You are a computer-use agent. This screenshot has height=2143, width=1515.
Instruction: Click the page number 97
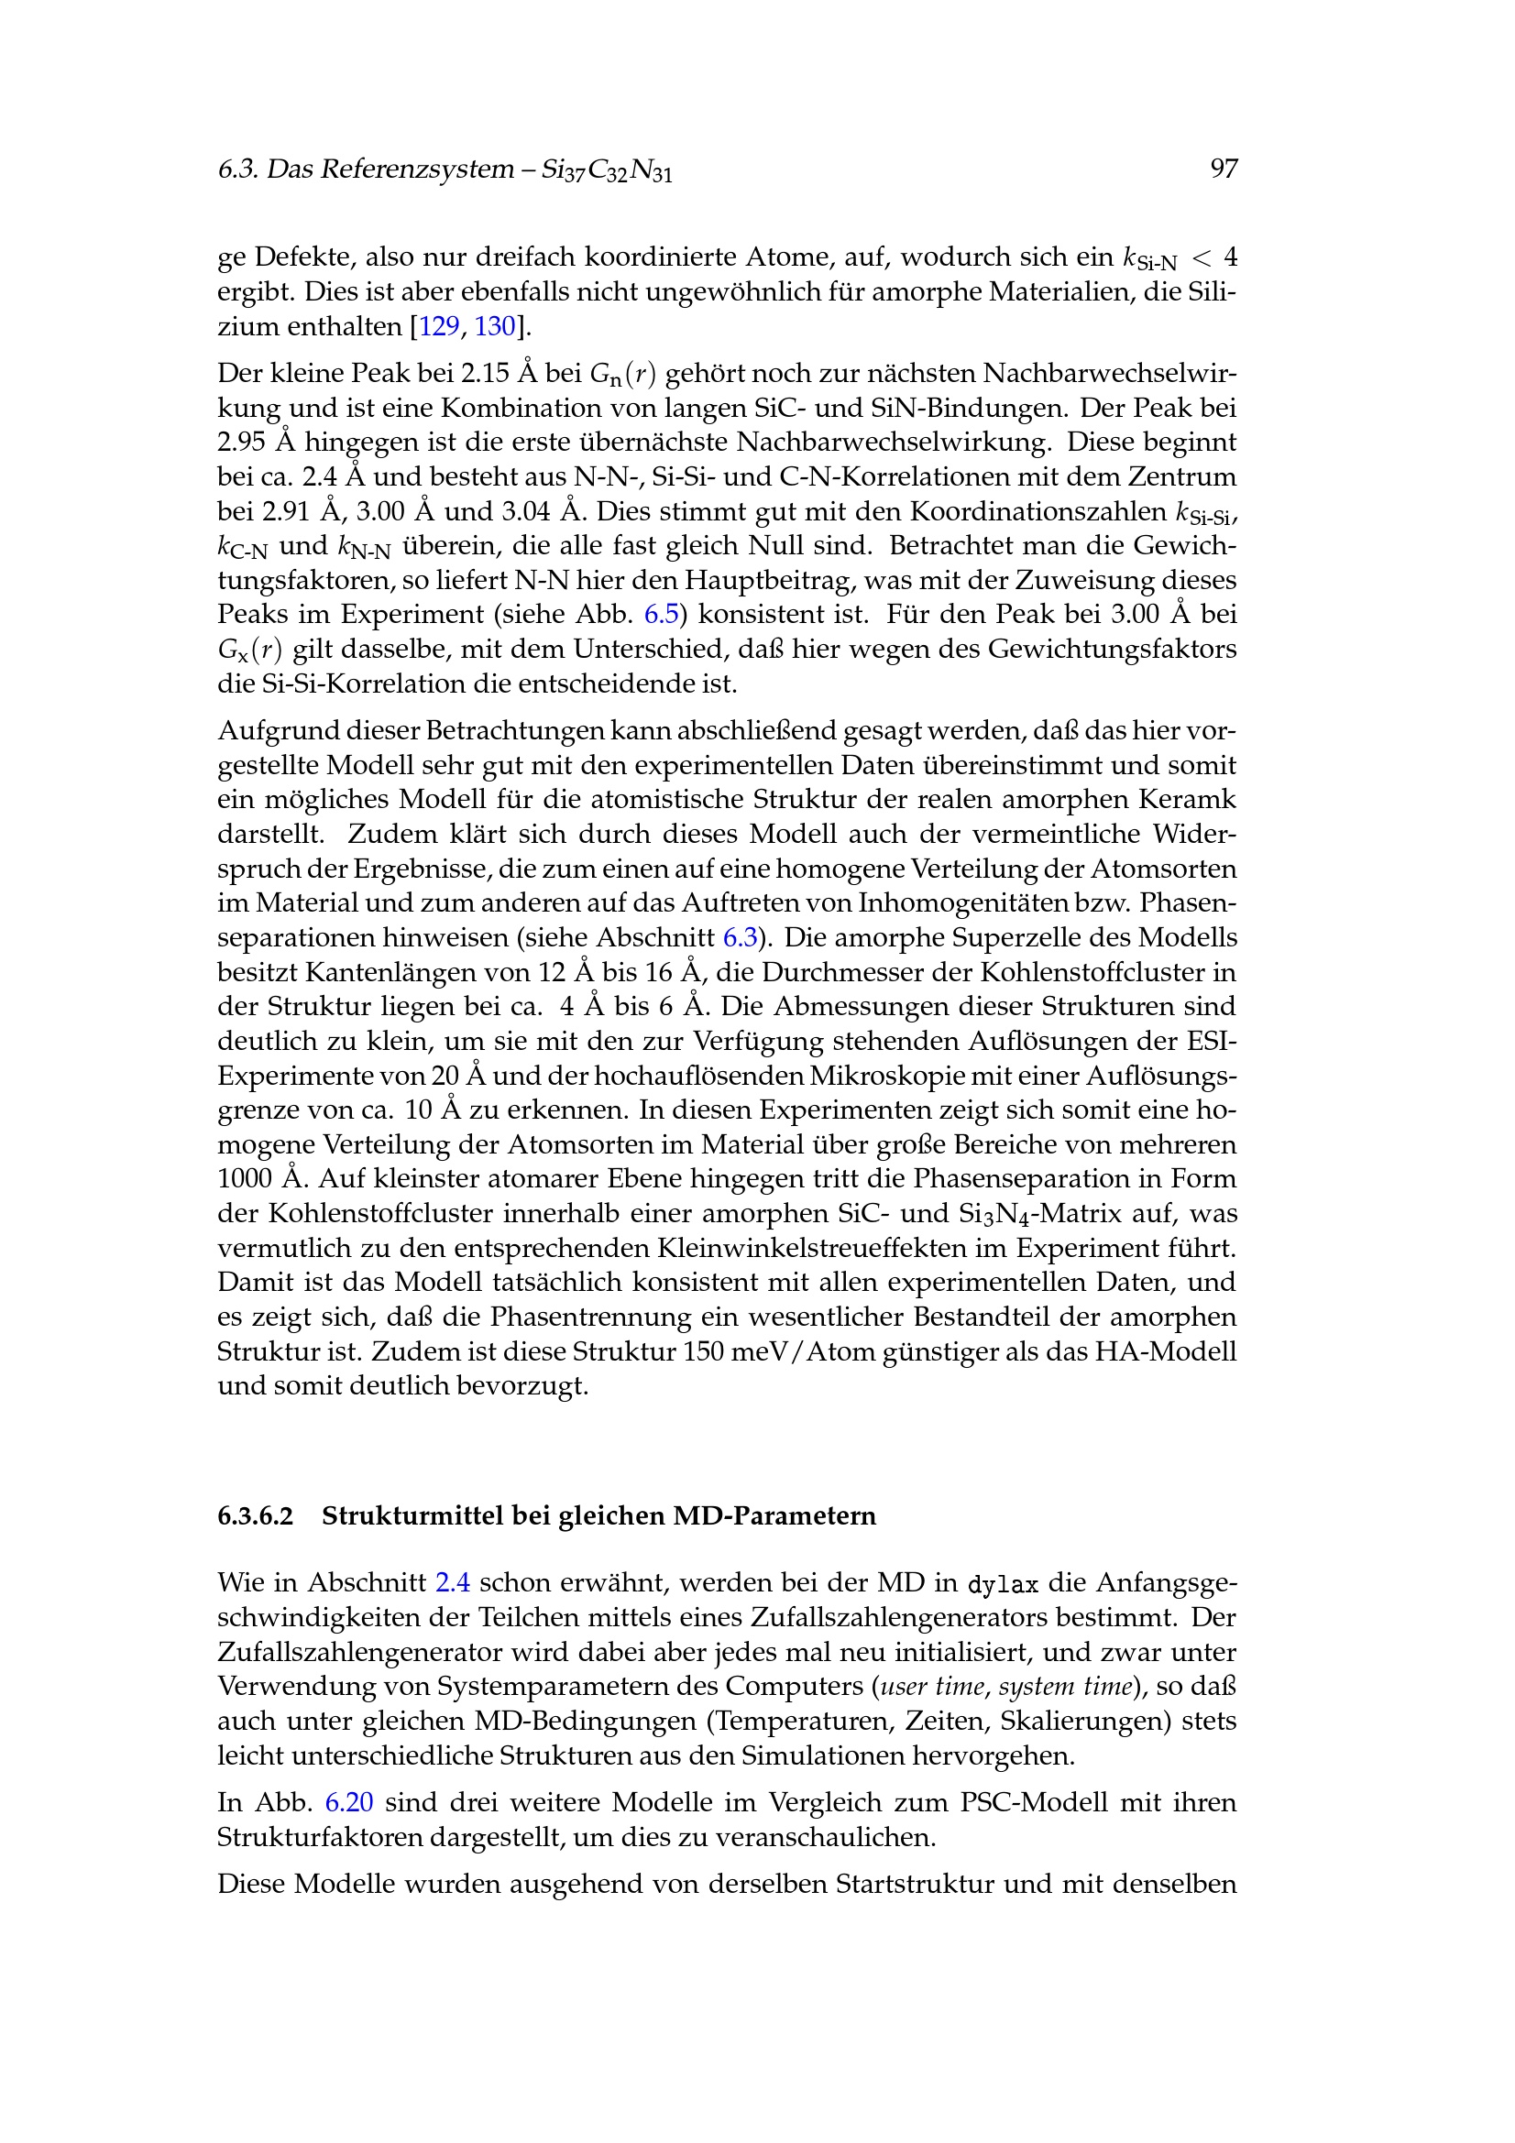click(x=1223, y=169)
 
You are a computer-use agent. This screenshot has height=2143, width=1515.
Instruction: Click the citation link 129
click(x=439, y=327)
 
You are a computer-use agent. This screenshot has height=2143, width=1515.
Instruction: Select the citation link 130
click(x=495, y=327)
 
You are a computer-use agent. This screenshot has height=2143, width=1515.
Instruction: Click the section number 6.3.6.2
click(x=255, y=1515)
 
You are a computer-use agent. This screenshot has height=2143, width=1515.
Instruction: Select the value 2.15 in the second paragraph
click(x=485, y=373)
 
